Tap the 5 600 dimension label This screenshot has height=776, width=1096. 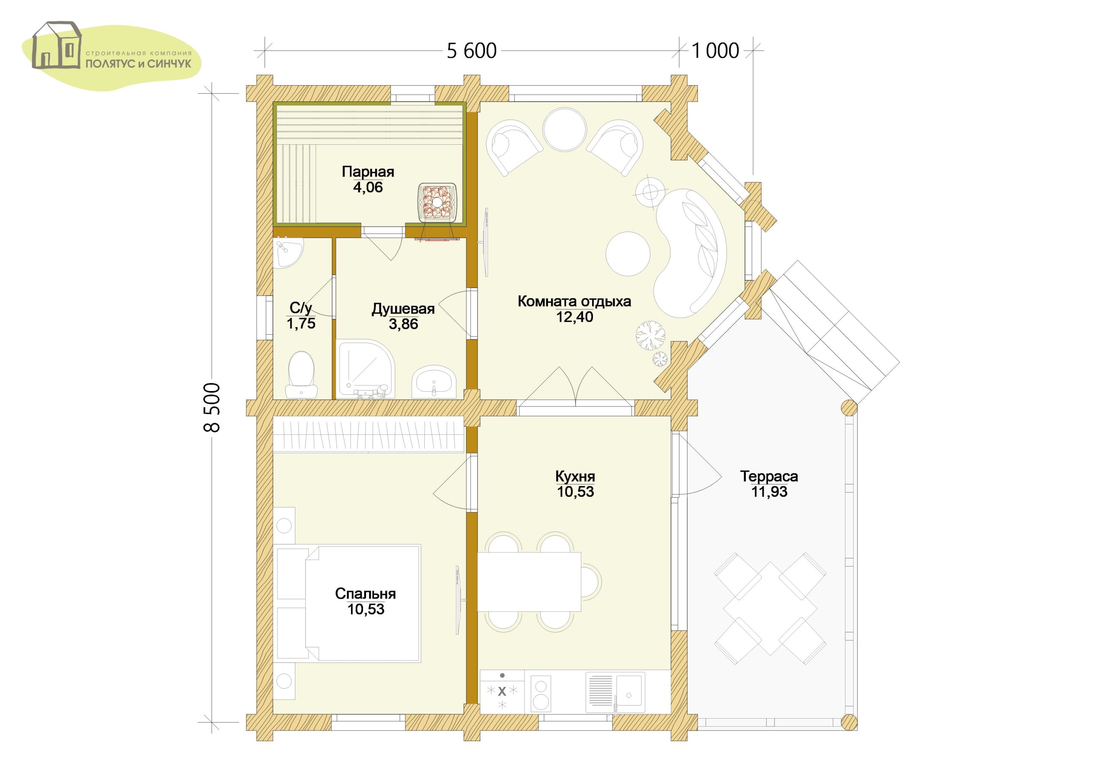click(472, 51)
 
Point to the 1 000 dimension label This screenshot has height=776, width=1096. click(715, 51)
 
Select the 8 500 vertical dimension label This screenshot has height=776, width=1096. click(211, 408)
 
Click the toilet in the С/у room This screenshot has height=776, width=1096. click(302, 375)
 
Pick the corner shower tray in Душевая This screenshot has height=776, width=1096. click(365, 368)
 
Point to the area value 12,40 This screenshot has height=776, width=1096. click(575, 317)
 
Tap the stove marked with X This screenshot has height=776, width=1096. click(502, 698)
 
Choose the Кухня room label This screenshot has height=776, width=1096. click(575, 476)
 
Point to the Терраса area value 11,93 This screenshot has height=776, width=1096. click(769, 492)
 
